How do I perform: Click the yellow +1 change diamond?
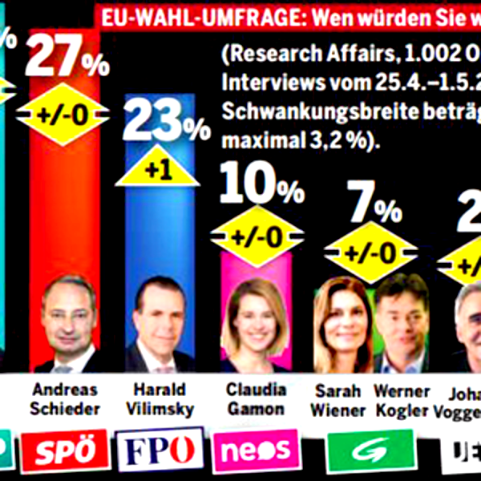157,169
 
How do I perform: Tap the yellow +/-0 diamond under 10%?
257,236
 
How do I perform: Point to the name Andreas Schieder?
66,398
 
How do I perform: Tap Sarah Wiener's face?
342,314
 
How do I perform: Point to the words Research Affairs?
304,57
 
